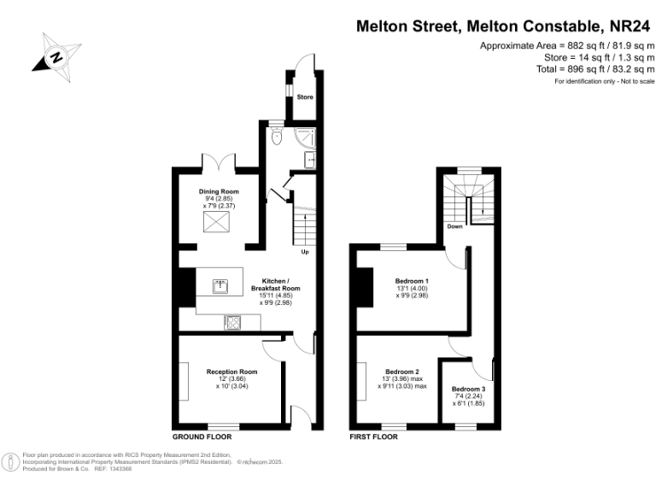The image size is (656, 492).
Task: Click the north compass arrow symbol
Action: point(56,57)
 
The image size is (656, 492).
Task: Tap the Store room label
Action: point(305,97)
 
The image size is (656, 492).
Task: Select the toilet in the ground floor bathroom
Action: point(276,136)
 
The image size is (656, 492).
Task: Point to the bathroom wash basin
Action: point(310,158)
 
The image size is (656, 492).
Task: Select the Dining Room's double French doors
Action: point(219,161)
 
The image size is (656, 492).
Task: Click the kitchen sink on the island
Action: point(220,285)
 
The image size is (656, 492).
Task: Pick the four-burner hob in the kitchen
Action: point(231,322)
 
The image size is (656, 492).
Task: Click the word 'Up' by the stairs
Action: point(304,252)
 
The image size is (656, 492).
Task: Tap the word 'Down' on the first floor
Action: point(455,226)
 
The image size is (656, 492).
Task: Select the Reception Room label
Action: point(231,372)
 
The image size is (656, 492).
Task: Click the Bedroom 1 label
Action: point(412,281)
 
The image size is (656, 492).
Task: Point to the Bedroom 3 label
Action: point(469,389)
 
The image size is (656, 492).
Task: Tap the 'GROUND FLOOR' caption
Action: point(199,436)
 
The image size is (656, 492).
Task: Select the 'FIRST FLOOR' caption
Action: point(373,436)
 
